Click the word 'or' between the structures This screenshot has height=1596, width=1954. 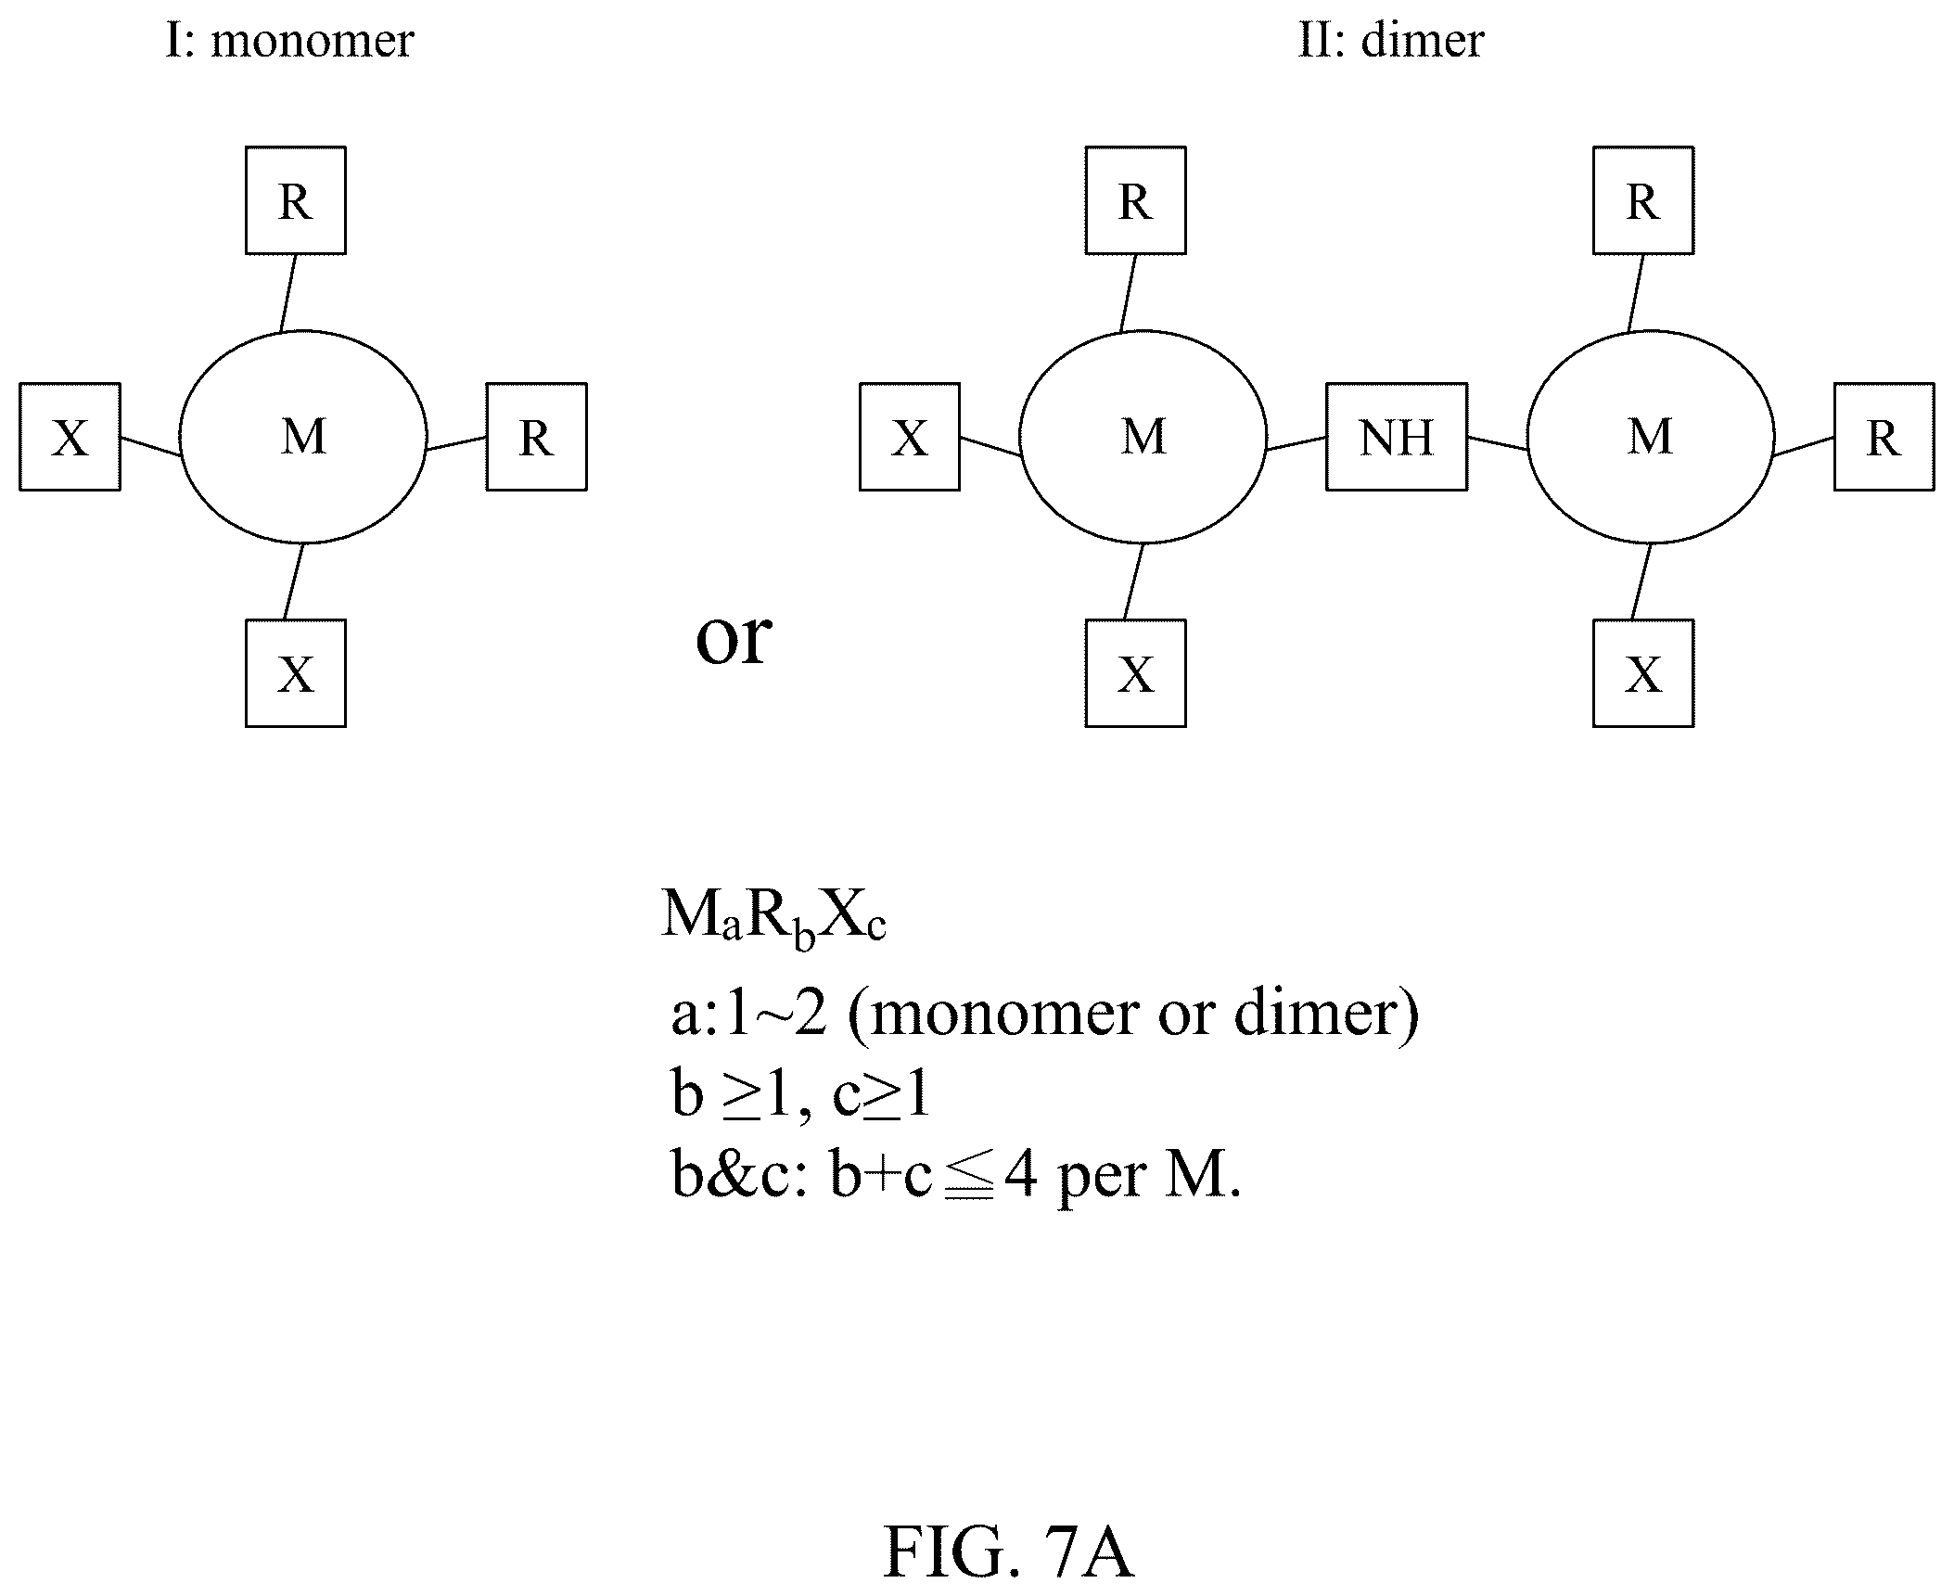tap(733, 641)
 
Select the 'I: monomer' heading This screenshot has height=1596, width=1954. tap(289, 41)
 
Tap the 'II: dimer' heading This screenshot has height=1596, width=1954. tap(1391, 41)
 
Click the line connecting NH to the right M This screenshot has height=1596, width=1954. tap(1497, 443)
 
